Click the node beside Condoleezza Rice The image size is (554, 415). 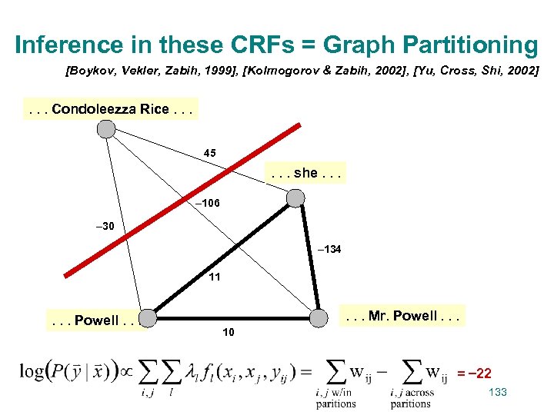tap(107, 129)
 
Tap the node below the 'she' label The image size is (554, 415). tap(295, 199)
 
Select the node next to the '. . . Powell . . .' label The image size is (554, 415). tap(149, 317)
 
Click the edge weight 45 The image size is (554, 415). tap(210, 153)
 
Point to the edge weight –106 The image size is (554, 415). tap(208, 204)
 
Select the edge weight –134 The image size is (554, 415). tap(329, 250)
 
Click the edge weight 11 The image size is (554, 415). tap(215, 277)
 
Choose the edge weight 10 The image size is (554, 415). tap(228, 332)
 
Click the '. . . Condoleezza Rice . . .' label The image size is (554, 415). tap(111, 109)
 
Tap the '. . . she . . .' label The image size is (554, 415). tap(305, 173)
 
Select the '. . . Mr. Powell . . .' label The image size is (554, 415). tap(403, 316)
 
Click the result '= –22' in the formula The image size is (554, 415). tap(475, 373)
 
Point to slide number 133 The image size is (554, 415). tap(498, 393)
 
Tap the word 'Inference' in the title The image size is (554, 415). tap(68, 45)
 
